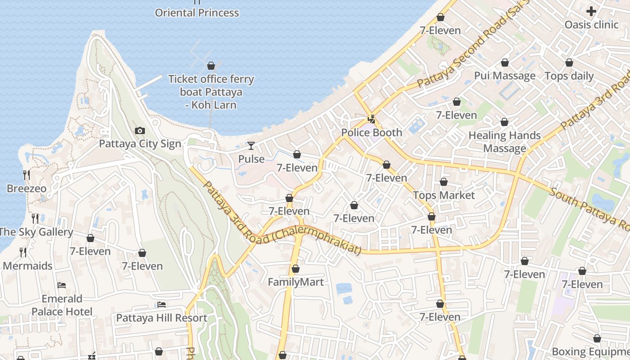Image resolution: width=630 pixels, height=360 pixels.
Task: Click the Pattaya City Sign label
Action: [x=140, y=144]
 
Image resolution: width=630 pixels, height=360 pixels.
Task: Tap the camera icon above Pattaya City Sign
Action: [x=140, y=131]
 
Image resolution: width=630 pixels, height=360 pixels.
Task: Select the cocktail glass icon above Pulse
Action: [x=251, y=146]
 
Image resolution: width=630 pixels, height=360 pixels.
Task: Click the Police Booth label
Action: [x=372, y=132]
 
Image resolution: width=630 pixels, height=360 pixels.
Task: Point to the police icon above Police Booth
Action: [x=372, y=119]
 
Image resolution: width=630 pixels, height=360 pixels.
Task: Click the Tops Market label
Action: [x=444, y=195]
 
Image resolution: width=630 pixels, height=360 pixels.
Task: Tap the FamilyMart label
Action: [x=296, y=282]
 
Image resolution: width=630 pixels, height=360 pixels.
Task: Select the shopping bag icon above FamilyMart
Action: [x=296, y=269]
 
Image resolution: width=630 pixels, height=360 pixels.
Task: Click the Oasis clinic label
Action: [x=591, y=25]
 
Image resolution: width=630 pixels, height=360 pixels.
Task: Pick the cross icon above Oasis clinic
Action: [x=591, y=11]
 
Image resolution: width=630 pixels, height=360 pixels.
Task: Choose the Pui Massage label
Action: [x=505, y=76]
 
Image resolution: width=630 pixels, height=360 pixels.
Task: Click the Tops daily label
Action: [x=569, y=76]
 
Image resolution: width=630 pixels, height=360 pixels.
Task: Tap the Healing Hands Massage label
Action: [x=504, y=142]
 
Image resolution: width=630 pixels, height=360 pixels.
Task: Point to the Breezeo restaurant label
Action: [x=27, y=188]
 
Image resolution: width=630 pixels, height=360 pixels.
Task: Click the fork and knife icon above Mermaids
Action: [x=23, y=252]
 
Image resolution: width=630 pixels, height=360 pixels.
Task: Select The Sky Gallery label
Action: [x=36, y=232]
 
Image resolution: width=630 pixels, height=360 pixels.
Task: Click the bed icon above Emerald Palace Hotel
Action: [x=62, y=285]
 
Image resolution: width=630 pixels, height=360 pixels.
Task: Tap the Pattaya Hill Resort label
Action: [x=162, y=318]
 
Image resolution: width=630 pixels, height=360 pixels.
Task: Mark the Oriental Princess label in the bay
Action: [x=197, y=13]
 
